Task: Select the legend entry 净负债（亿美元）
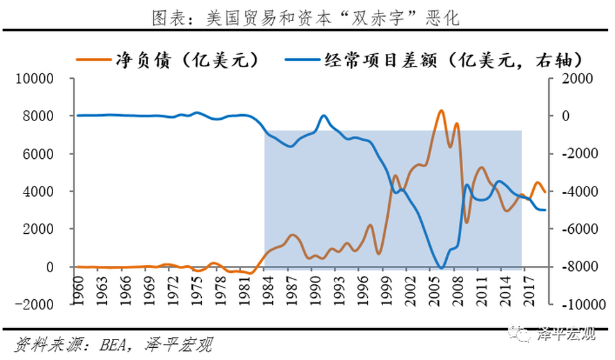169,60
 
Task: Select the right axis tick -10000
573,304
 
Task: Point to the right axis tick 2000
570,79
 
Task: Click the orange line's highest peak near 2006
441,111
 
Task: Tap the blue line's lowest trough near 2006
441,268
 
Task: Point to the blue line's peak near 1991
324,116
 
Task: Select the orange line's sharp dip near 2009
467,222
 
